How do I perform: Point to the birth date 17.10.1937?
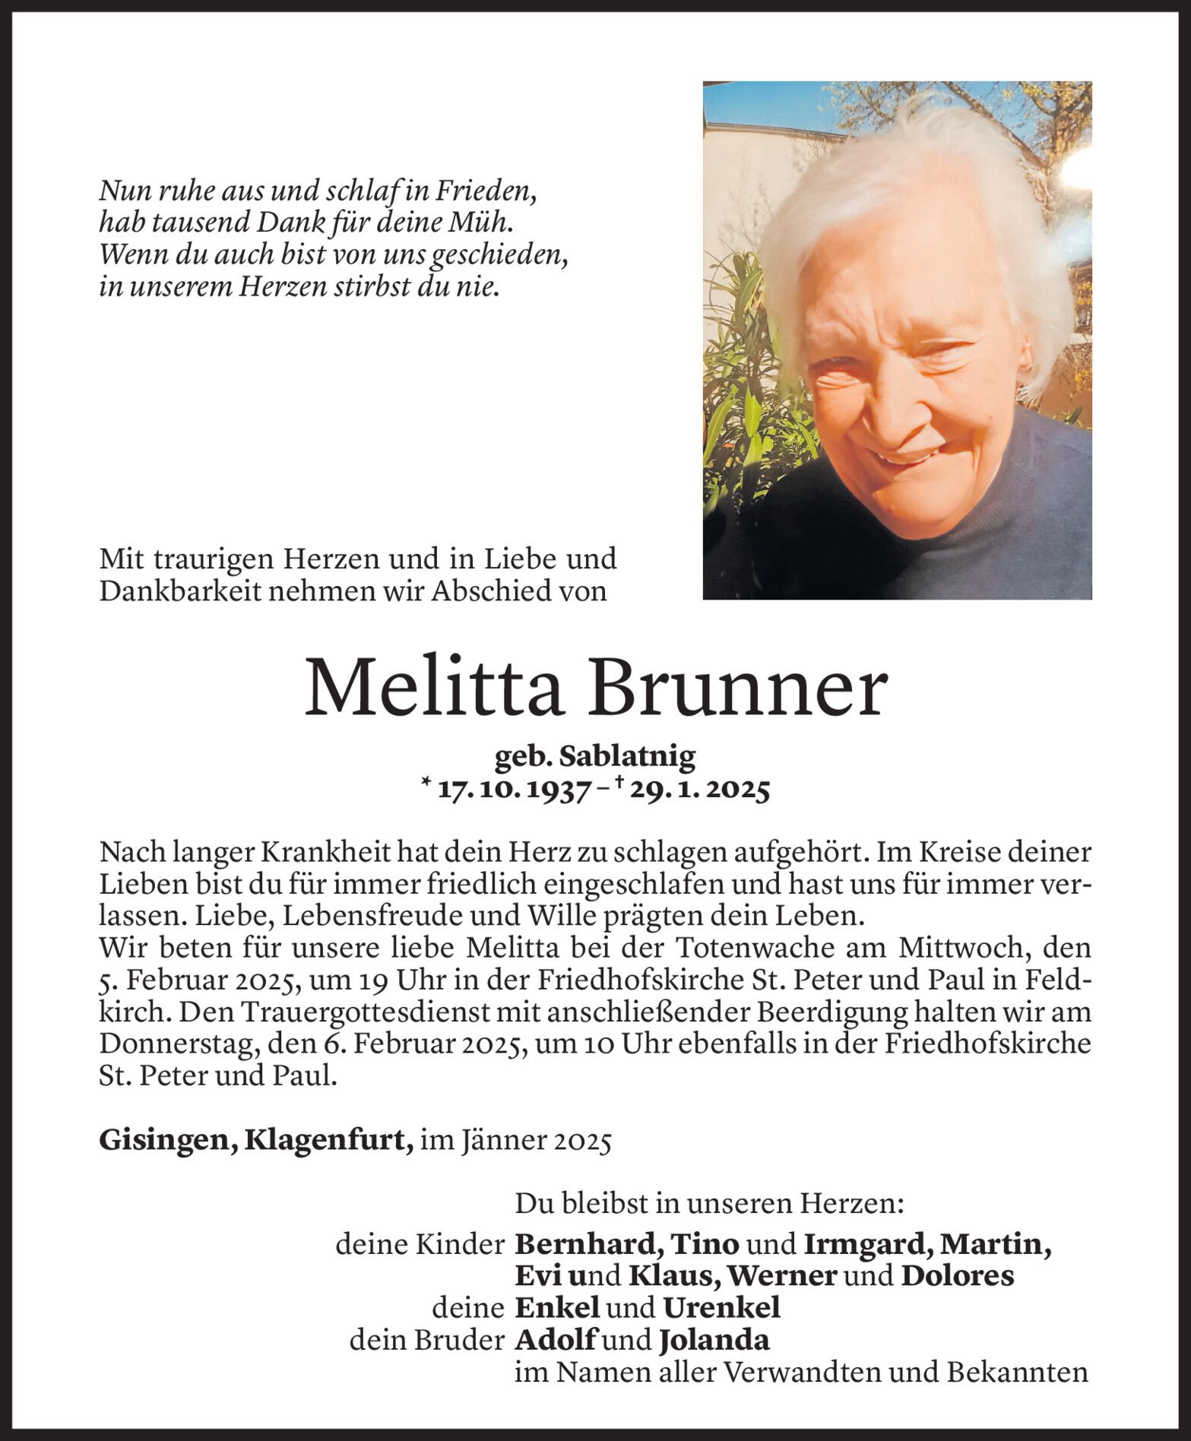515,790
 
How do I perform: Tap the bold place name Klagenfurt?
329,1142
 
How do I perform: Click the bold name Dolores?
957,1276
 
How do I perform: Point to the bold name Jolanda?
714,1339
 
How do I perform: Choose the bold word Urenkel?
721,1307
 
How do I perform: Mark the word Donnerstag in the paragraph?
176,1044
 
